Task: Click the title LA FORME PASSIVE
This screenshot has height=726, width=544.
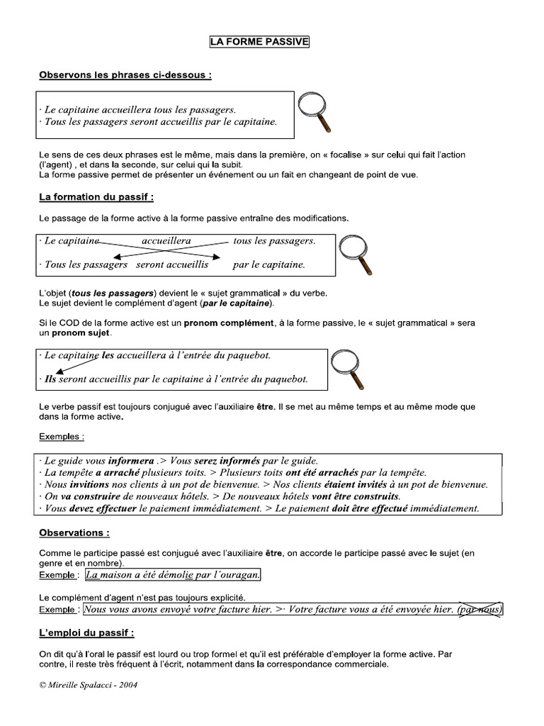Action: pos(259,42)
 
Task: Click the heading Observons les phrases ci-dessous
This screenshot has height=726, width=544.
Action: pos(125,74)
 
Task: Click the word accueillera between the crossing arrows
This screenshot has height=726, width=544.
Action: pos(166,241)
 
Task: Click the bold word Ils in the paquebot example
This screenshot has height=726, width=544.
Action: pos(50,379)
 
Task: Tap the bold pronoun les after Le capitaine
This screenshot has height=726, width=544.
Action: pos(108,354)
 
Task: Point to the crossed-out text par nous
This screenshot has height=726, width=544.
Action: pos(480,609)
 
